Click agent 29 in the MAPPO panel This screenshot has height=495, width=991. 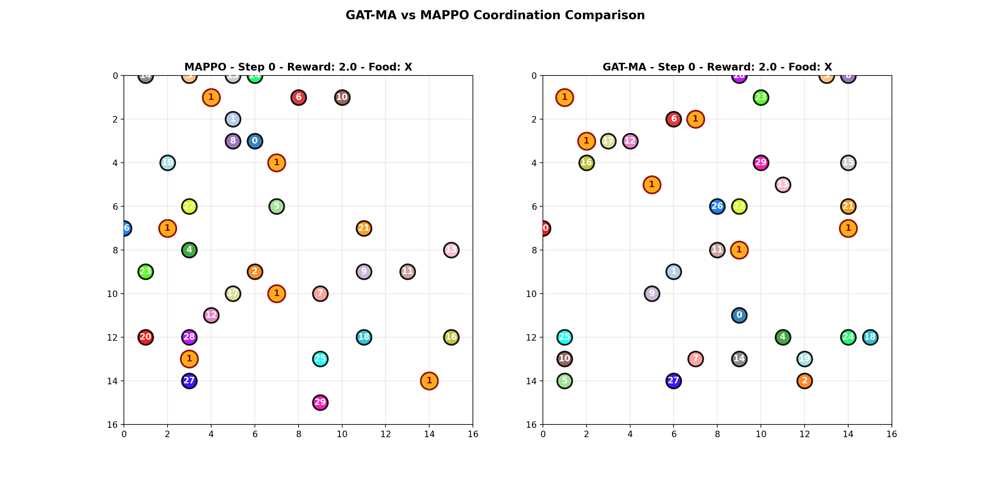(320, 402)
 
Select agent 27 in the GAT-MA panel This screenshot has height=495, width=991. (673, 381)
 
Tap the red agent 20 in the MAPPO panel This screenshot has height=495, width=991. (146, 337)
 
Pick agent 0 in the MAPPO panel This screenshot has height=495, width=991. (255, 141)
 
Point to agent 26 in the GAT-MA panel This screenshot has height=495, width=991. (717, 206)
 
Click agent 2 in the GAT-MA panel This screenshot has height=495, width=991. (805, 381)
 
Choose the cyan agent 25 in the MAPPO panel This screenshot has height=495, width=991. (320, 359)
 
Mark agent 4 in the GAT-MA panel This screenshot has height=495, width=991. (783, 337)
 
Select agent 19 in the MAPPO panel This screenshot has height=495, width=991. (167, 162)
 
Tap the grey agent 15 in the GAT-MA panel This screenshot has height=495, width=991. (848, 162)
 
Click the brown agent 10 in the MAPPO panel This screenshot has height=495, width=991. (342, 97)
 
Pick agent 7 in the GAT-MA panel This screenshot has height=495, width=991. (695, 359)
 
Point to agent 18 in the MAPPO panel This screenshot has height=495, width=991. (364, 337)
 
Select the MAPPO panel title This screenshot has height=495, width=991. (298, 67)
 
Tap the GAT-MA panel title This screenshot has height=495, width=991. (717, 67)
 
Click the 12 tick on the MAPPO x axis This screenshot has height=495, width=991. (386, 434)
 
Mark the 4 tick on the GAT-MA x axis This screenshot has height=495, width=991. (630, 434)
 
